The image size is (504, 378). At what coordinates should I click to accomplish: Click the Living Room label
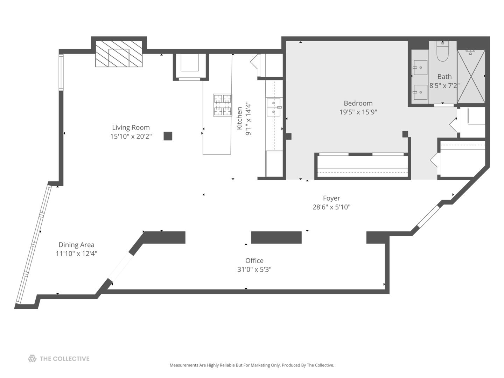tap(131, 128)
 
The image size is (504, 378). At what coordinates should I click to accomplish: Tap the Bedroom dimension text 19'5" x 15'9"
tap(358, 112)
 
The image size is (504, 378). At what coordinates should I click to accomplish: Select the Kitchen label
tap(239, 118)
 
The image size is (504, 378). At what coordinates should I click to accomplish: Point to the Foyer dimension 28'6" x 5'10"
tap(331, 207)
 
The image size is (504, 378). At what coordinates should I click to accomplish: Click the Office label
tap(254, 261)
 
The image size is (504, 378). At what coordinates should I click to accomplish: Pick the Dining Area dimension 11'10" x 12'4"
tap(76, 254)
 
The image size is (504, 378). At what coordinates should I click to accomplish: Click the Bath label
tap(444, 77)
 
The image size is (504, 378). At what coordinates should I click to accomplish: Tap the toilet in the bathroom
tap(443, 52)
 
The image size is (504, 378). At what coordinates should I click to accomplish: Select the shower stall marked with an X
tap(471, 76)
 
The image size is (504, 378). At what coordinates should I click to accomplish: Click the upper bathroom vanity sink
tap(420, 67)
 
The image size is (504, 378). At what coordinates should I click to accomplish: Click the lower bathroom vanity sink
tap(420, 92)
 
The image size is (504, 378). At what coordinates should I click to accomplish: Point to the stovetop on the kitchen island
tap(223, 105)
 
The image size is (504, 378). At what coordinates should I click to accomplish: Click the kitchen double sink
tap(274, 107)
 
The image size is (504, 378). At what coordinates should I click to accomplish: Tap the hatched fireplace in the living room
tap(119, 54)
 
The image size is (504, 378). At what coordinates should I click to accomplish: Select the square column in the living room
tap(168, 136)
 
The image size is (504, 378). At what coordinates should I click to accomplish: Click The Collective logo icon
tap(32, 359)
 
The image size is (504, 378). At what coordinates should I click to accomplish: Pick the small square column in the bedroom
tap(405, 134)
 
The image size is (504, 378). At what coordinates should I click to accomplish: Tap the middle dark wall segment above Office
tap(276, 237)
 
